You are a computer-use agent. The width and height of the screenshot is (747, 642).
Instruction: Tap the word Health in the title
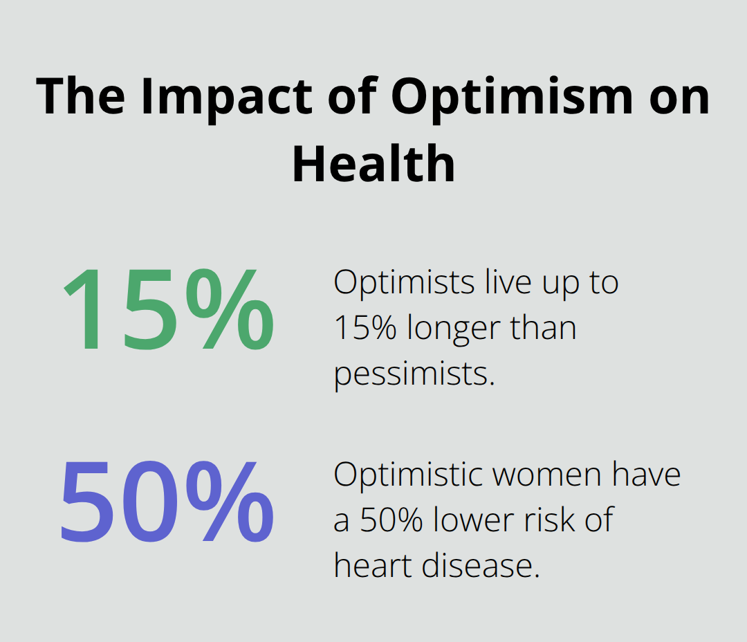[x=373, y=164]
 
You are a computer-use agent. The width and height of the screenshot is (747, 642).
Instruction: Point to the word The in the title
[x=82, y=97]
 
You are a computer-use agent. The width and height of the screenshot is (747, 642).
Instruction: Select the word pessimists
[x=414, y=374]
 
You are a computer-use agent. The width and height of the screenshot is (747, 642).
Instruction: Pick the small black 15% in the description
[x=365, y=328]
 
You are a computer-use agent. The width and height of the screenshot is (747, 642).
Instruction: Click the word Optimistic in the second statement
[x=407, y=475]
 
